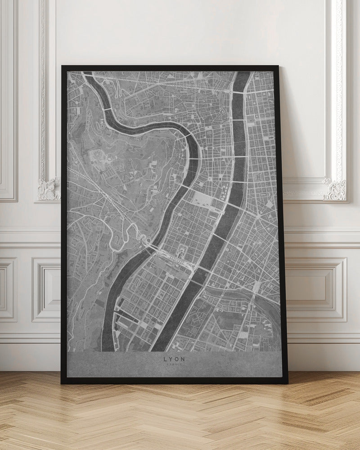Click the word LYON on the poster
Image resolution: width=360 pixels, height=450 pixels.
[x=175, y=359]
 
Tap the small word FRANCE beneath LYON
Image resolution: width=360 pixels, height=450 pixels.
[x=175, y=365]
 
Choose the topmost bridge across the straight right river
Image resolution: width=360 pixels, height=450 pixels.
[x=237, y=91]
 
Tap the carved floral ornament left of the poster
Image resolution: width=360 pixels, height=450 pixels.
[x=49, y=189]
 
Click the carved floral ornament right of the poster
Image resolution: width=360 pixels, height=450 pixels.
[x=335, y=189]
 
